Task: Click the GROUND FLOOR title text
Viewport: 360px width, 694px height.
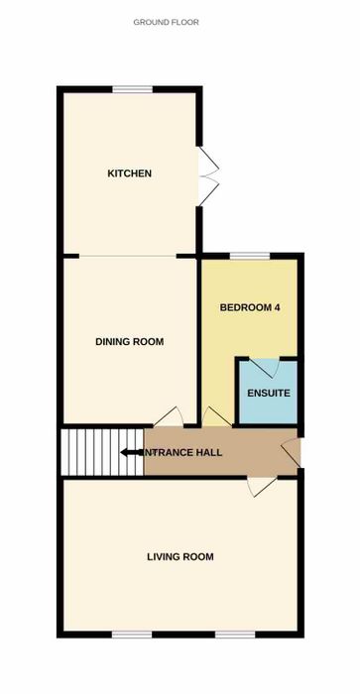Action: (x=166, y=22)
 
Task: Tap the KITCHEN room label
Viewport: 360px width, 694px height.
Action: (x=129, y=173)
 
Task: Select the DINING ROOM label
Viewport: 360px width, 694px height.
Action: (x=129, y=342)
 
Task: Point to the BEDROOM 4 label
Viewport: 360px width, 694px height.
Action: (x=250, y=307)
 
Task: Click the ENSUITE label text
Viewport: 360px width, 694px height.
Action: (x=269, y=393)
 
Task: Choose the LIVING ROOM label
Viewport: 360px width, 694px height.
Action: (x=180, y=557)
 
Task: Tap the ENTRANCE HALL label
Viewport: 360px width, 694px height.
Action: (x=181, y=453)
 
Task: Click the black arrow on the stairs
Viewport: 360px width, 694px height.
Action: (x=132, y=452)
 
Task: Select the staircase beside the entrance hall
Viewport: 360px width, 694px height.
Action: (x=103, y=452)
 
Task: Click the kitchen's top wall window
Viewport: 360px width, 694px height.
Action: (x=133, y=90)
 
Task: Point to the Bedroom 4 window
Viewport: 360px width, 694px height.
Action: (x=250, y=256)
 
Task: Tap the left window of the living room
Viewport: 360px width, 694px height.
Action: (x=132, y=635)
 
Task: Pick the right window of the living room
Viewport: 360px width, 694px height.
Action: (x=235, y=635)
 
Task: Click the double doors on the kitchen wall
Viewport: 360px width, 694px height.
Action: (x=209, y=176)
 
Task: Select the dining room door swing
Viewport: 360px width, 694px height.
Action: (x=169, y=417)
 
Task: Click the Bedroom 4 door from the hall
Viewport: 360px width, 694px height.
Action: (x=217, y=417)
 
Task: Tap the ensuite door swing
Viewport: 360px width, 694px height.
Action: (x=265, y=368)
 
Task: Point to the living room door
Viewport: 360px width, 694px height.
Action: (x=262, y=487)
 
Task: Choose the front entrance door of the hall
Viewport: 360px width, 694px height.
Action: (x=292, y=452)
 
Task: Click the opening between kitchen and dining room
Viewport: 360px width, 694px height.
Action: (x=128, y=256)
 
